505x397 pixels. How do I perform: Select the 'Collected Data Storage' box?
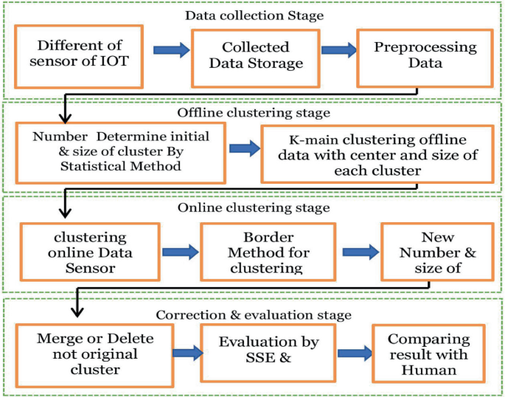click(255, 55)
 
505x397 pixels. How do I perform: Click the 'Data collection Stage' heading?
click(254, 15)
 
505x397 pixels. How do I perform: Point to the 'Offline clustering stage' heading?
click(254, 113)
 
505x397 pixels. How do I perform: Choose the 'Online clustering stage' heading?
click(253, 207)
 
